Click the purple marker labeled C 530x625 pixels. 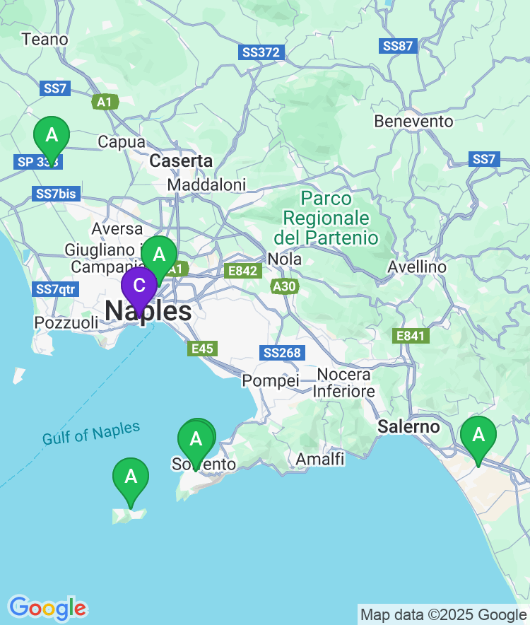[x=139, y=286]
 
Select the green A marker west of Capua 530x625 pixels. [x=52, y=135]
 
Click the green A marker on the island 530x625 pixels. [x=131, y=477]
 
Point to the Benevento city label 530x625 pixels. [x=413, y=122]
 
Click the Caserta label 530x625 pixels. [x=181, y=161]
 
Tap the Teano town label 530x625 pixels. [x=45, y=40]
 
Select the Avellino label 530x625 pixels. [x=417, y=267]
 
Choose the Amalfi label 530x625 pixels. [x=320, y=460]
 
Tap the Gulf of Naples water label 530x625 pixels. [x=91, y=433]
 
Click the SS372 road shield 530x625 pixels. [x=261, y=52]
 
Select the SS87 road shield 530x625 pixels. [x=398, y=46]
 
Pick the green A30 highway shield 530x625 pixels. [x=285, y=286]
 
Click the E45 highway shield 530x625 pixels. [x=202, y=349]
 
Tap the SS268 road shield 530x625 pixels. [x=282, y=353]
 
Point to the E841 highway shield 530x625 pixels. [x=410, y=336]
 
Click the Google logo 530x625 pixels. [x=47, y=607]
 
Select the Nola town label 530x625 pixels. [x=285, y=259]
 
